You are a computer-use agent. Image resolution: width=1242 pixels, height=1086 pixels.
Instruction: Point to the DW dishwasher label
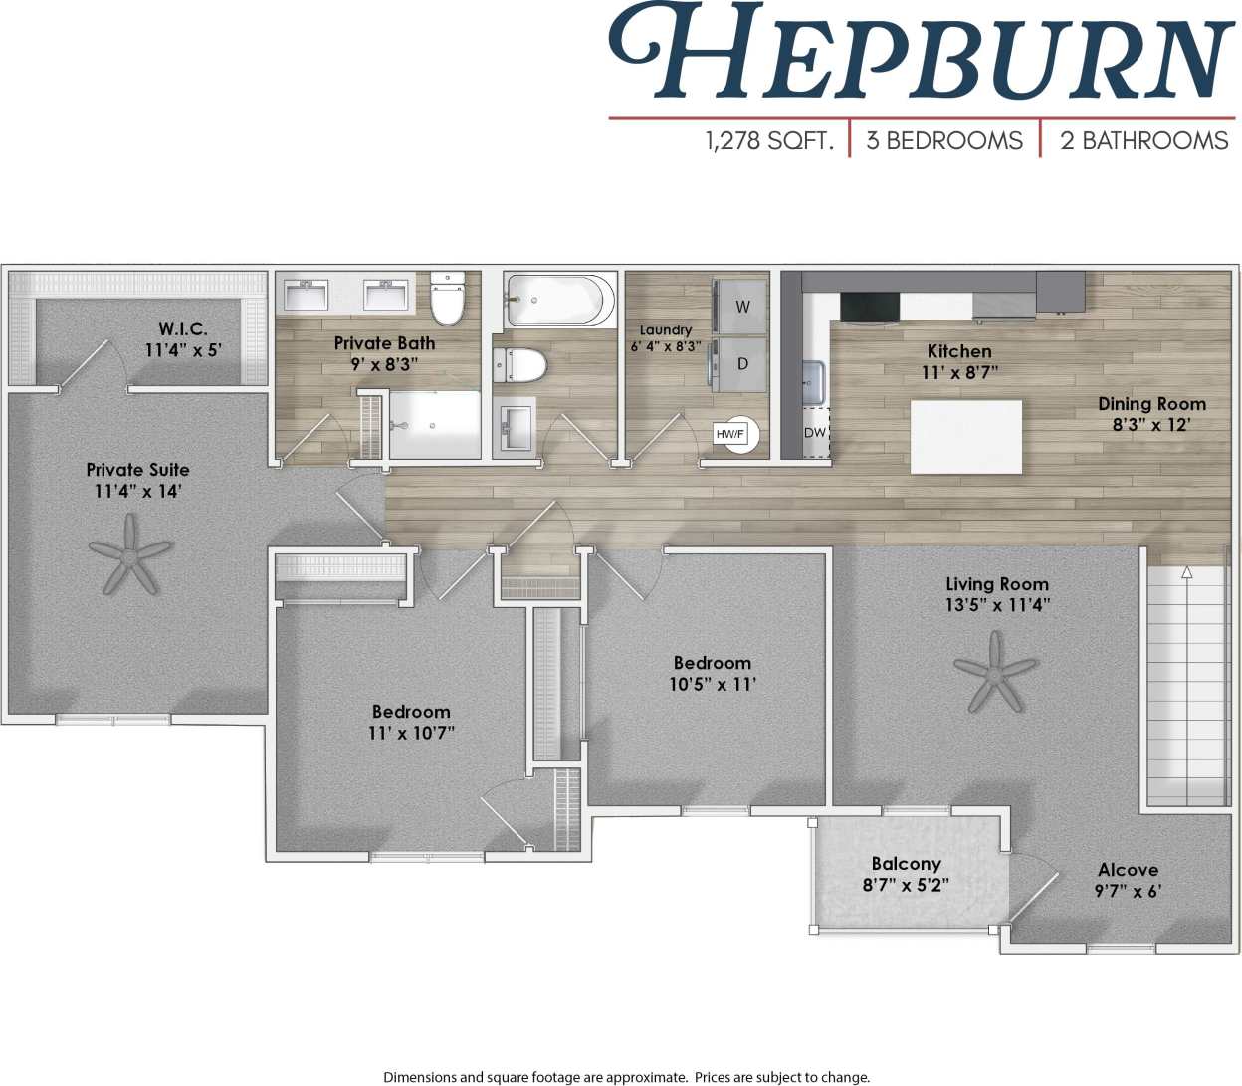[815, 433]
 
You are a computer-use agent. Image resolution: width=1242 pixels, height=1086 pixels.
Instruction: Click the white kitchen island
[965, 437]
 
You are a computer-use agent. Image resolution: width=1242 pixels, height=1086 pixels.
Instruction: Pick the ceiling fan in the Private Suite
[130, 554]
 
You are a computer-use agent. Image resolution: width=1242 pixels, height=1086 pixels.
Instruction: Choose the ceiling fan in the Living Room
[995, 673]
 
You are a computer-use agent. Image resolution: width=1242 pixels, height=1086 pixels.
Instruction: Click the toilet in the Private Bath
[448, 299]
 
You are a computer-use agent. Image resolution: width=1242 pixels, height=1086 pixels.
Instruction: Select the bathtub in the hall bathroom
[559, 300]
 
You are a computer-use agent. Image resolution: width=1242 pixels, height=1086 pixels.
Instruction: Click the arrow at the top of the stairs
[1186, 573]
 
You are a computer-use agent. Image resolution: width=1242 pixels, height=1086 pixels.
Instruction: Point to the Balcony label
[906, 864]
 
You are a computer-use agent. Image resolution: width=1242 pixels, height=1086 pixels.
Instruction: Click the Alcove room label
[1128, 870]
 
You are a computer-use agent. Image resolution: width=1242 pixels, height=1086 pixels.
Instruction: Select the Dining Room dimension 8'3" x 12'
[1151, 425]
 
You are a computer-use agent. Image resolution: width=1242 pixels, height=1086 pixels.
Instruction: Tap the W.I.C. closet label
[183, 328]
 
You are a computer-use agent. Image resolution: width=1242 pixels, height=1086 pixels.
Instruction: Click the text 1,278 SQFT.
[768, 141]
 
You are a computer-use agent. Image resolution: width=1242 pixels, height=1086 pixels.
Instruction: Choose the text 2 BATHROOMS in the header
[1143, 141]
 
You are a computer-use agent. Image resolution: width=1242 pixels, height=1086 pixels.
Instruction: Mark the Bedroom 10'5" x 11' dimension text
[713, 684]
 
